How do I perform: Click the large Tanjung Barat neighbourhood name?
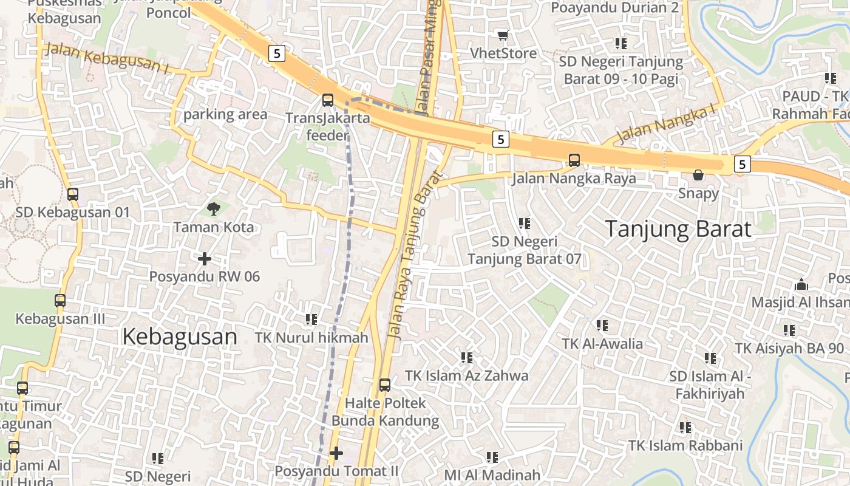pyautogui.click(x=678, y=229)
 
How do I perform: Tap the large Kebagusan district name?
pyautogui.click(x=180, y=336)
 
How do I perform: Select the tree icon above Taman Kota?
pyautogui.click(x=213, y=209)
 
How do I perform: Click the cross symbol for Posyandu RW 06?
pyautogui.click(x=205, y=259)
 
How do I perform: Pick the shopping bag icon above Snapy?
pyautogui.click(x=698, y=175)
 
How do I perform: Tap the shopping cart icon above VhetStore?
pyautogui.click(x=502, y=35)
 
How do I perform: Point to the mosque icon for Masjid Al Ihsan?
pyautogui.click(x=801, y=284)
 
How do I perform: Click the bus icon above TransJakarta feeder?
pyautogui.click(x=328, y=100)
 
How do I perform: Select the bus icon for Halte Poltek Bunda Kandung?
pyautogui.click(x=385, y=385)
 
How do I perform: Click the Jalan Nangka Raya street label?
pyautogui.click(x=574, y=178)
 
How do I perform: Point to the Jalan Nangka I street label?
pyautogui.click(x=666, y=125)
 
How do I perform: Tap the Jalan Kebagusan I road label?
pyautogui.click(x=106, y=59)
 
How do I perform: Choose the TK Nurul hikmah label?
pyautogui.click(x=311, y=337)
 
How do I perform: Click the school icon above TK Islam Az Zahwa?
pyautogui.click(x=466, y=357)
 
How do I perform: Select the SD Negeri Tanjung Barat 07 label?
pyautogui.click(x=525, y=250)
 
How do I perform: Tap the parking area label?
pyautogui.click(x=225, y=114)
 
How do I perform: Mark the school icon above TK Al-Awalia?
pyautogui.click(x=602, y=326)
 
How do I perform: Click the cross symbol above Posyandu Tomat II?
pyautogui.click(x=336, y=453)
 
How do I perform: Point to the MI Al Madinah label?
pyautogui.click(x=492, y=475)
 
